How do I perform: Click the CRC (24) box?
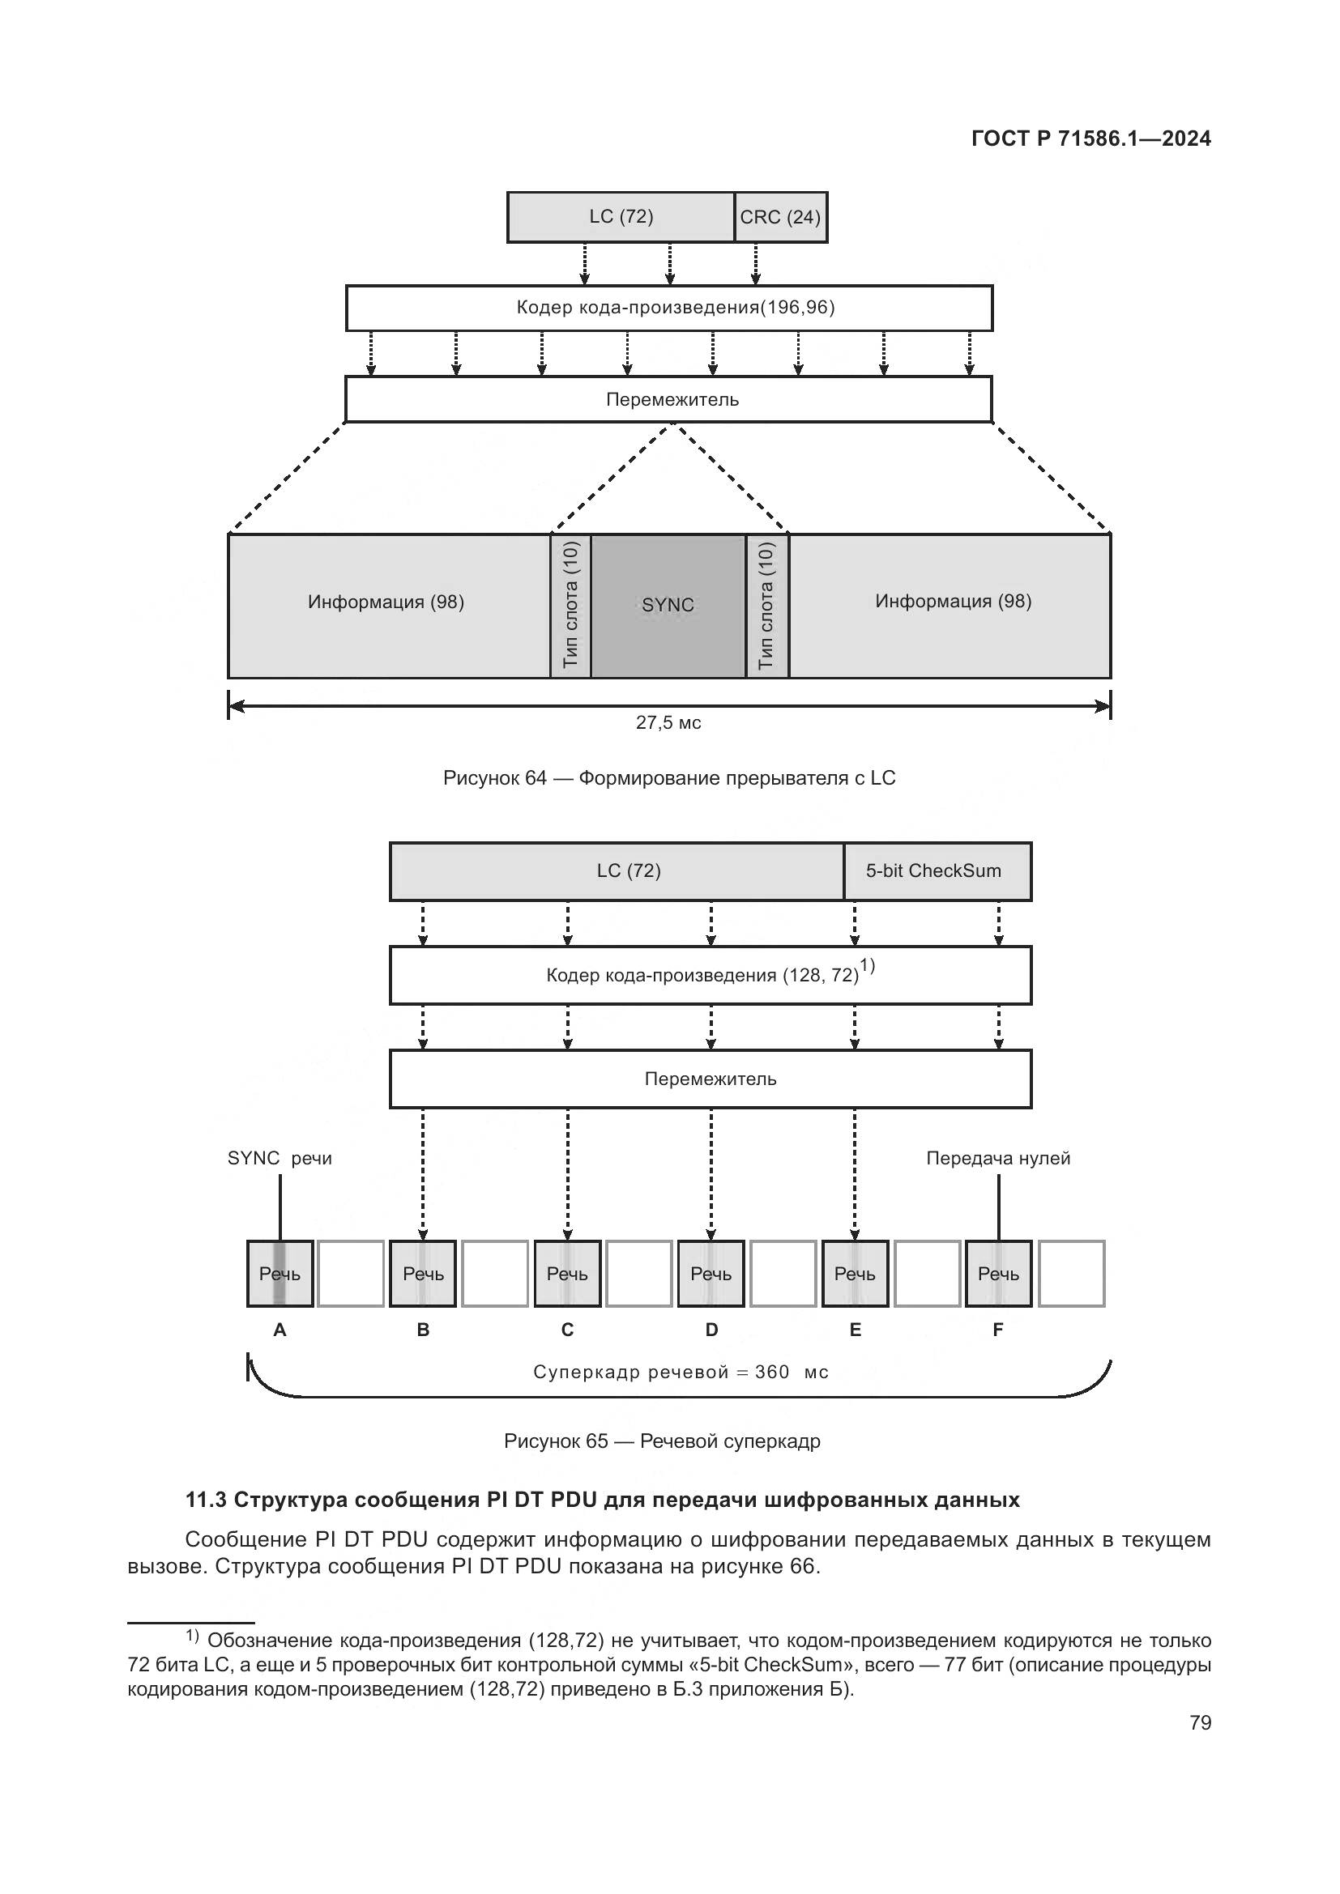tap(779, 217)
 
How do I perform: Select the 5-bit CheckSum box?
tap(937, 871)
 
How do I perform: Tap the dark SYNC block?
tap(668, 606)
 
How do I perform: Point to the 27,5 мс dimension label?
tap(668, 722)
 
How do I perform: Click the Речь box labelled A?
tap(280, 1274)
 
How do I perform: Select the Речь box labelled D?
tap(711, 1274)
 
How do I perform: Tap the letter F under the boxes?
tap(997, 1330)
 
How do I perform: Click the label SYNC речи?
tap(279, 1158)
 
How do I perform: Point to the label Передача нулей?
tap(997, 1158)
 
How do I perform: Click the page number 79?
tap(1200, 1722)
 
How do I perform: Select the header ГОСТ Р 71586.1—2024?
tap(1090, 138)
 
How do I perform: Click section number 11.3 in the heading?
tap(206, 1500)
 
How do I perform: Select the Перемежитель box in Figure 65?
tap(711, 1079)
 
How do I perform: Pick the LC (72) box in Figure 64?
tap(621, 217)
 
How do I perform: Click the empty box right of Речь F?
tap(1071, 1274)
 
